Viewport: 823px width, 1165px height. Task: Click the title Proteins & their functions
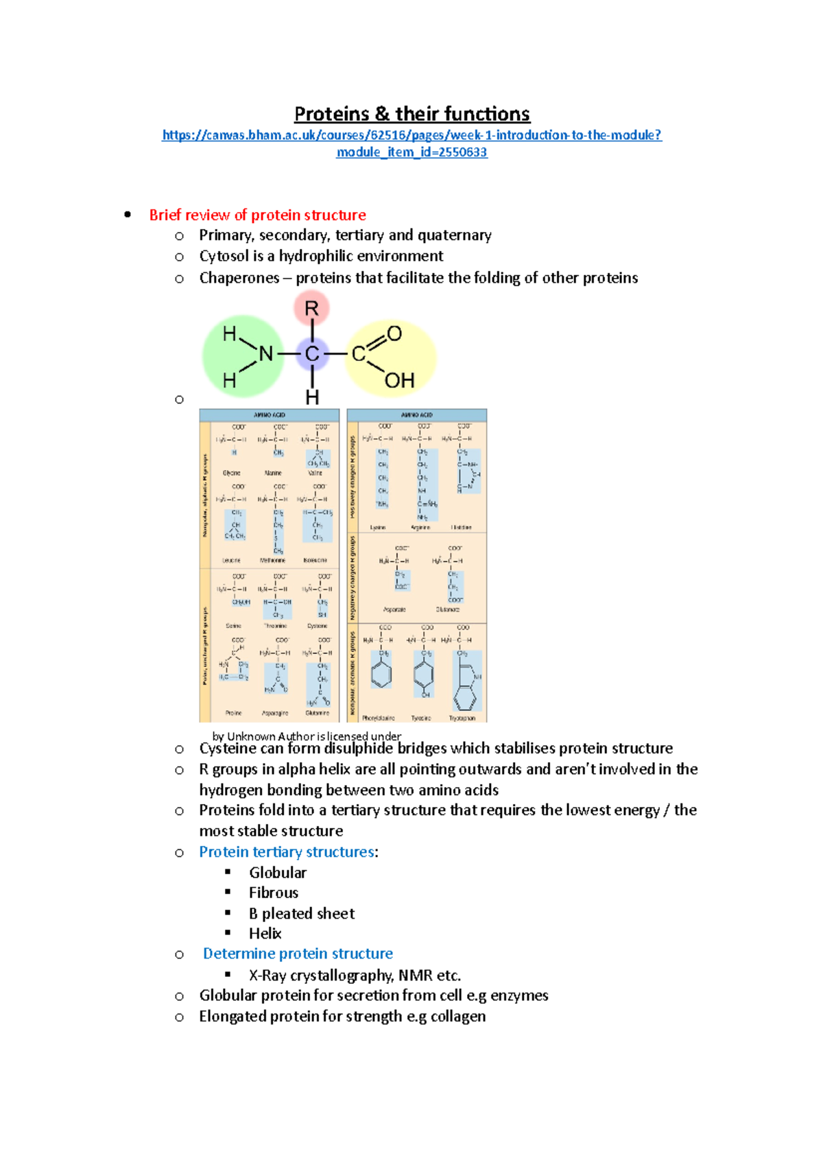click(411, 114)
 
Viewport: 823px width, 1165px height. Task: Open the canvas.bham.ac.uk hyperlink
click(411, 135)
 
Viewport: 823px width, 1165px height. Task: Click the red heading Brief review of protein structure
click(257, 215)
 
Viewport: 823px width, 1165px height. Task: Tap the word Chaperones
click(239, 278)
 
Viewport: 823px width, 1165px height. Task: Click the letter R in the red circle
click(311, 309)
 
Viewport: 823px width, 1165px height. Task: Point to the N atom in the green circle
click(266, 354)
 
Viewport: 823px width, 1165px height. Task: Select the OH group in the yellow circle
click(399, 381)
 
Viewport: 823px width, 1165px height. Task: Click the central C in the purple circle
click(312, 354)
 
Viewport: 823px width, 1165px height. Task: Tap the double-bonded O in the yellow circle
click(394, 334)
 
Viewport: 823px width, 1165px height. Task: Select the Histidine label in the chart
click(461, 528)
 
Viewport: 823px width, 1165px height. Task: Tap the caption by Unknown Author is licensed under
click(307, 736)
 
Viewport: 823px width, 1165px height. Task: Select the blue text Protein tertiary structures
click(287, 852)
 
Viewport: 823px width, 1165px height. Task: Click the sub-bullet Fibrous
click(273, 893)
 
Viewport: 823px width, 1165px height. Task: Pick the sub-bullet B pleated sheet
click(301, 914)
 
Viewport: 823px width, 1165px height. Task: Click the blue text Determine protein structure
click(298, 954)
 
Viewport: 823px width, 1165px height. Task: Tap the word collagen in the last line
click(457, 1017)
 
